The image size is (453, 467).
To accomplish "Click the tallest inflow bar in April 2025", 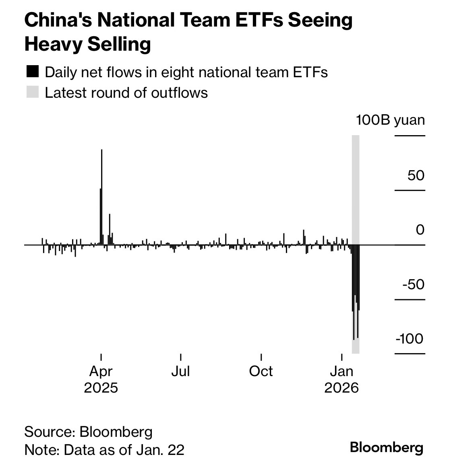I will coord(101,197).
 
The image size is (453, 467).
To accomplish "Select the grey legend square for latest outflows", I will coord(32,92).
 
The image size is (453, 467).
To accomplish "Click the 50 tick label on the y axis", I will coord(416,175).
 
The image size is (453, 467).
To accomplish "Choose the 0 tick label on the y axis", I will coord(420,230).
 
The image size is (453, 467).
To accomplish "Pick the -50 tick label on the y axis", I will coord(413,284).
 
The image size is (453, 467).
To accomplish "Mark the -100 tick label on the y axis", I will coord(410,339).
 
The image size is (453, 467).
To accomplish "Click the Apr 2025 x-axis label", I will coord(101,379).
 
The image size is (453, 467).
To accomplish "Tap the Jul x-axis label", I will coord(180,371).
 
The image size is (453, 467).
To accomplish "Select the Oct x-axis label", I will coord(261,371).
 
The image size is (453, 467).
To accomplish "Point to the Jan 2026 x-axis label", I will coord(341,379).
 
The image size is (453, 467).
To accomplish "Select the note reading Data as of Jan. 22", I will coord(104,449).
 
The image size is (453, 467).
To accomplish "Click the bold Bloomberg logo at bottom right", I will coord(387,447).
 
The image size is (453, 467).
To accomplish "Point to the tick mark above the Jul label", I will coord(181,357).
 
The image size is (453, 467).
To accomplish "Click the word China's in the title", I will coord(56,20).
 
